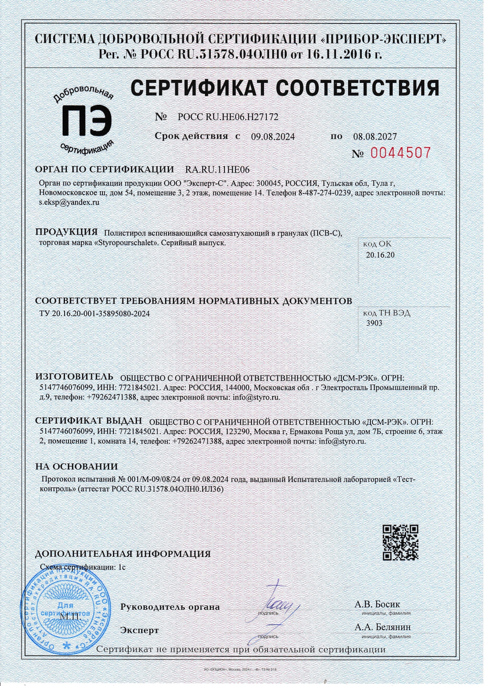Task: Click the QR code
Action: tap(400, 542)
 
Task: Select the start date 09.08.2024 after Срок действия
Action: tap(273, 136)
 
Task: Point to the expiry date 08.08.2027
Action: tap(375, 136)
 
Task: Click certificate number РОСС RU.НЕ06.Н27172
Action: tap(228, 117)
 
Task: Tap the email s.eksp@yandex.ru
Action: tap(69, 202)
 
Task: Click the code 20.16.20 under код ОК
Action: tap(380, 255)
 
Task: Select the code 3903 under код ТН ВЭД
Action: tap(374, 323)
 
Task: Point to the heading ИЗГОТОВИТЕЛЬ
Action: tap(74, 377)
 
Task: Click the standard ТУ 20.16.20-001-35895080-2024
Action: tap(94, 314)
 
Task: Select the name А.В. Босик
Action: tap(377, 604)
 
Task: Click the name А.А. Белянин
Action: tap(383, 627)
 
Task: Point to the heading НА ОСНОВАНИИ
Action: tap(76, 467)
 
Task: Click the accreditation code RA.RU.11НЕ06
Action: tap(217, 170)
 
